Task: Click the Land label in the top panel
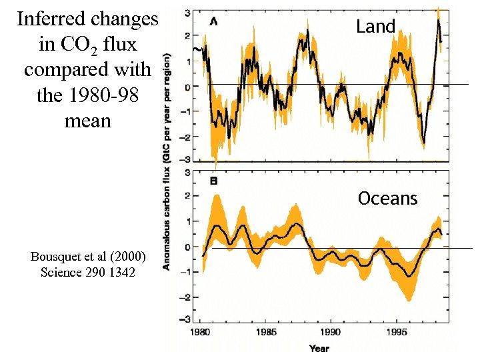(x=376, y=27)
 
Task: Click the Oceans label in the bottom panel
(x=387, y=199)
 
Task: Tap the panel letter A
(x=213, y=21)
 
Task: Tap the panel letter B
(x=213, y=180)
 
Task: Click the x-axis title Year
(x=319, y=348)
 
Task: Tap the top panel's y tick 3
(x=189, y=12)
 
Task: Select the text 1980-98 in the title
(x=105, y=96)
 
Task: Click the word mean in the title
(x=87, y=121)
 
